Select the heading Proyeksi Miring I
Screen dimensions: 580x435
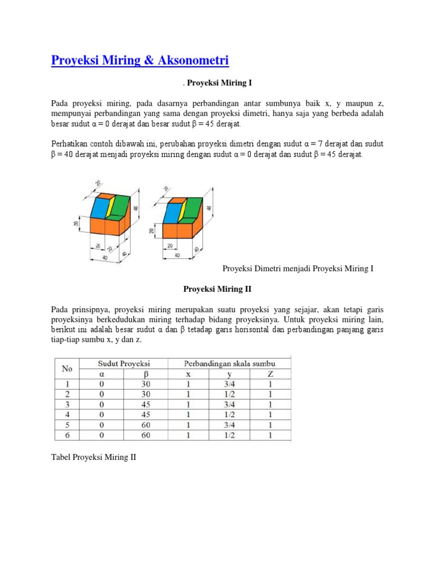219,83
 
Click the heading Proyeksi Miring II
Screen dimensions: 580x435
217,289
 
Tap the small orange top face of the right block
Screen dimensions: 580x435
177,199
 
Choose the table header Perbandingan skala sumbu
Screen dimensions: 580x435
229,364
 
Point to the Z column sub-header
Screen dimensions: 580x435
270,374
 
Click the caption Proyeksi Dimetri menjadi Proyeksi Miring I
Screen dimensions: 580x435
297,268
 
